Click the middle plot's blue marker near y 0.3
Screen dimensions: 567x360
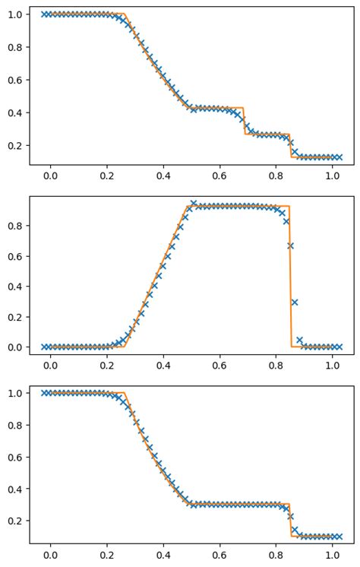(x=295, y=302)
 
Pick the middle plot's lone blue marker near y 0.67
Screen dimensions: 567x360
(x=290, y=245)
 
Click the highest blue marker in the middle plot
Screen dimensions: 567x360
(x=193, y=203)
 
